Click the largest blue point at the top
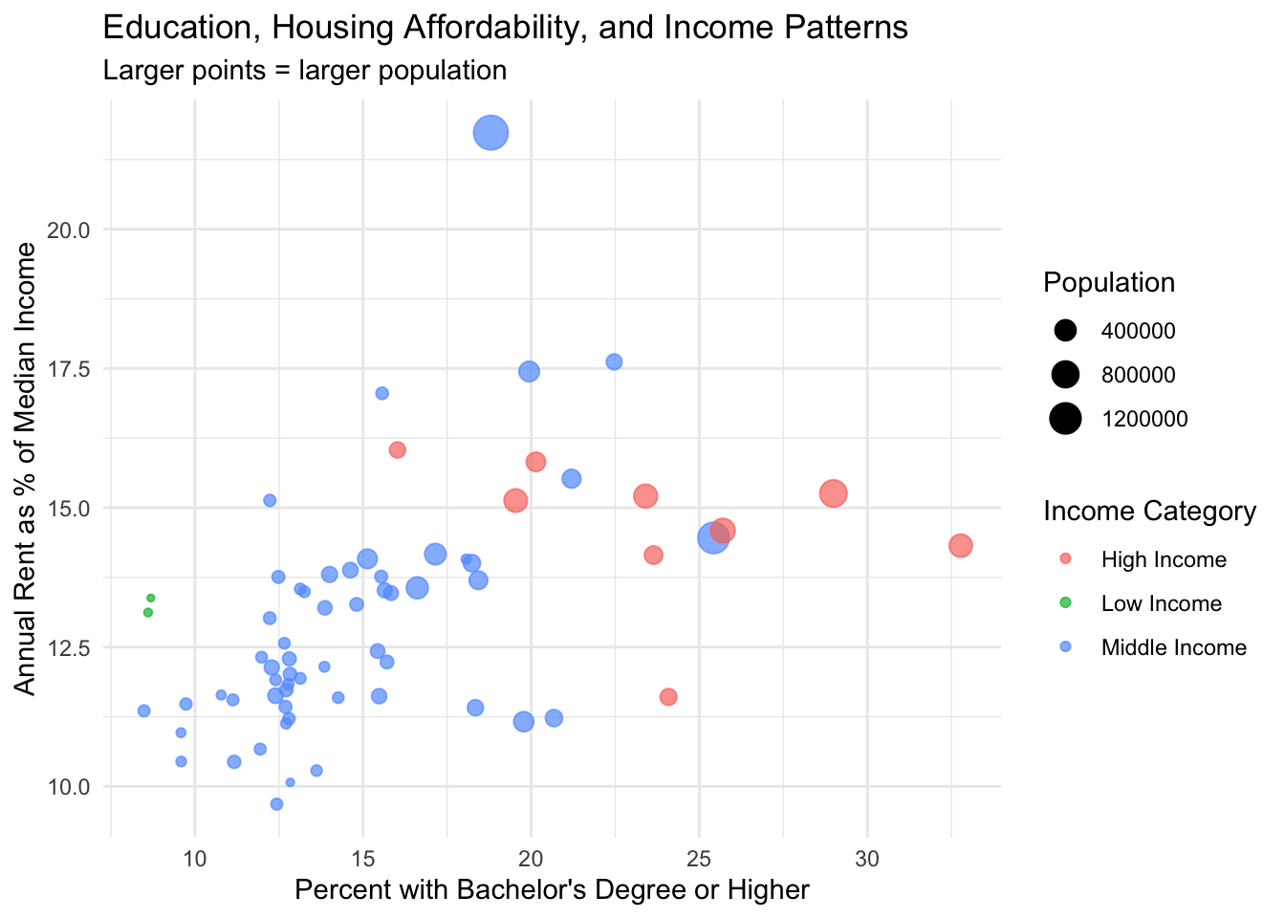tap(490, 133)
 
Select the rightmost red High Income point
tap(960, 545)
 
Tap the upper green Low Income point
tap(150, 598)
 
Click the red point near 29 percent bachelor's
tap(833, 493)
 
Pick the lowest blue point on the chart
tap(276, 804)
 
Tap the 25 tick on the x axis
tap(699, 858)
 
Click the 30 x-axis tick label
tap(867, 858)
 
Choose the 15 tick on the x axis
tap(362, 858)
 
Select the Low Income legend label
tap(1161, 603)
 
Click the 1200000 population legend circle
tap(1065, 419)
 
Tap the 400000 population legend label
tap(1138, 331)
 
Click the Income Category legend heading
tap(1149, 512)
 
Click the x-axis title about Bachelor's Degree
tap(552, 890)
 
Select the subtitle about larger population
tap(304, 71)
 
